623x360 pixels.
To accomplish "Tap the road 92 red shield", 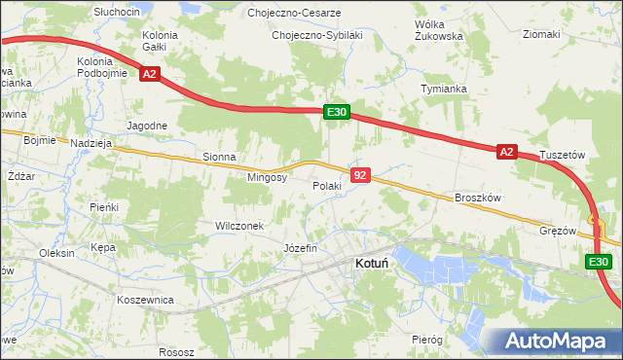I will click(361, 175).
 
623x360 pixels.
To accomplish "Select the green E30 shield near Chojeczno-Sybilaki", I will click(336, 113).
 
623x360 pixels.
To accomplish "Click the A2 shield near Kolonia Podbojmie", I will click(148, 74).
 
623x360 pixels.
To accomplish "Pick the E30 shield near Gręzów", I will click(599, 263).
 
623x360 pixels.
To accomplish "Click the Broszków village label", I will click(477, 198).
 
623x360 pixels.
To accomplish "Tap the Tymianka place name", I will click(444, 89).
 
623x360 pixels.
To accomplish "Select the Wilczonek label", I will click(239, 226).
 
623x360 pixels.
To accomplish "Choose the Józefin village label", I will click(300, 248).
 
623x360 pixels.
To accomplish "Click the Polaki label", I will click(326, 186).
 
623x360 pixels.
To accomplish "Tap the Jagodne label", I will click(148, 126).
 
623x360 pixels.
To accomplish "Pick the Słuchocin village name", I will click(117, 11).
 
